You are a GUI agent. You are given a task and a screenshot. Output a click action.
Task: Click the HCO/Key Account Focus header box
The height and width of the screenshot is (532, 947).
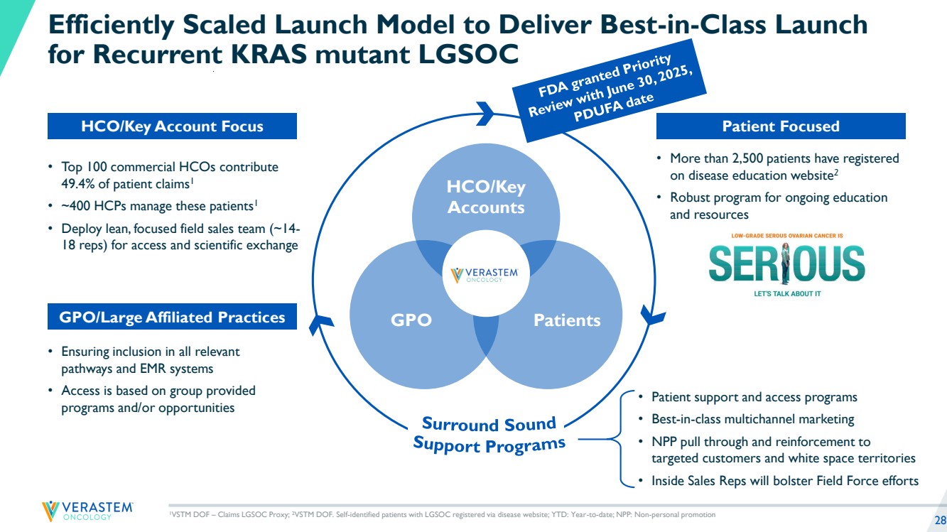[172, 126]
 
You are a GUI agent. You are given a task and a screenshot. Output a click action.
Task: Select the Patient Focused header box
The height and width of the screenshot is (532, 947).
[780, 126]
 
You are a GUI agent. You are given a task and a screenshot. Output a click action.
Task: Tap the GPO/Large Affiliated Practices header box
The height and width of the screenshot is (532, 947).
[172, 317]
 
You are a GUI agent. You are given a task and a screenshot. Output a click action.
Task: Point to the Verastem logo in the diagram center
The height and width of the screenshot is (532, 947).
[487, 274]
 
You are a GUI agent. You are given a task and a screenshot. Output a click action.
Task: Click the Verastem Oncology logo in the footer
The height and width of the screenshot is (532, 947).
[87, 511]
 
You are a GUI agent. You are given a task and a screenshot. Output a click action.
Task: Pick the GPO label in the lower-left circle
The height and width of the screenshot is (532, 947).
[411, 320]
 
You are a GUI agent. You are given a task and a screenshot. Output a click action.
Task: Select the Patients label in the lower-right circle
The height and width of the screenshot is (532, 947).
[566, 320]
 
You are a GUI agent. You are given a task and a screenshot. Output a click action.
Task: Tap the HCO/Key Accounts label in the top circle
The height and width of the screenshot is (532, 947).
[486, 197]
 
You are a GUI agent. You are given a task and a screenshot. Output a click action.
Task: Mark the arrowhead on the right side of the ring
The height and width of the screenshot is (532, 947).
[651, 313]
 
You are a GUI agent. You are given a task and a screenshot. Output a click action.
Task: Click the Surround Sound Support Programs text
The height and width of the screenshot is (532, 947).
[489, 434]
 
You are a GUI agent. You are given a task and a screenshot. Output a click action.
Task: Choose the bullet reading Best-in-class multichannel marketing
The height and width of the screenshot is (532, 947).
[752, 419]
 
